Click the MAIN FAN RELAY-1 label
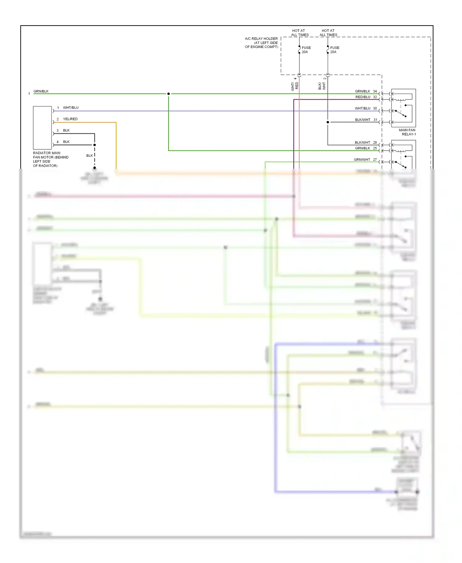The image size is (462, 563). (x=407, y=132)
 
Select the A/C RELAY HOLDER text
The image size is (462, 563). (x=261, y=43)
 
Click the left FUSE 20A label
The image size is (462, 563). (x=306, y=50)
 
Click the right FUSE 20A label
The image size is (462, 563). (x=334, y=50)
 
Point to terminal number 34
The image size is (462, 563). (x=375, y=91)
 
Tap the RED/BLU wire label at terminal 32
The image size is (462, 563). (x=363, y=97)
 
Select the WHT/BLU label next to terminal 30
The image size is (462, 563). (x=362, y=108)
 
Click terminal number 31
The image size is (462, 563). (x=375, y=120)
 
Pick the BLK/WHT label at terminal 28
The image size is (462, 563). (x=362, y=143)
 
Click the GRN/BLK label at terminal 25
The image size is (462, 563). (x=362, y=148)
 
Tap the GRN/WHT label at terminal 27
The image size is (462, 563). (x=362, y=160)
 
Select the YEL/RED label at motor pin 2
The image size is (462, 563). (x=70, y=119)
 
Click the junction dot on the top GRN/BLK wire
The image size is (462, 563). (x=168, y=94)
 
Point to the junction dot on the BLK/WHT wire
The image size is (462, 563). (x=328, y=122)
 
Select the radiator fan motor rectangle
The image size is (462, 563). (x=42, y=128)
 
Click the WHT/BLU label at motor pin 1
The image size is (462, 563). (x=71, y=108)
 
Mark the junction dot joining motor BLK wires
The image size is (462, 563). (x=95, y=145)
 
